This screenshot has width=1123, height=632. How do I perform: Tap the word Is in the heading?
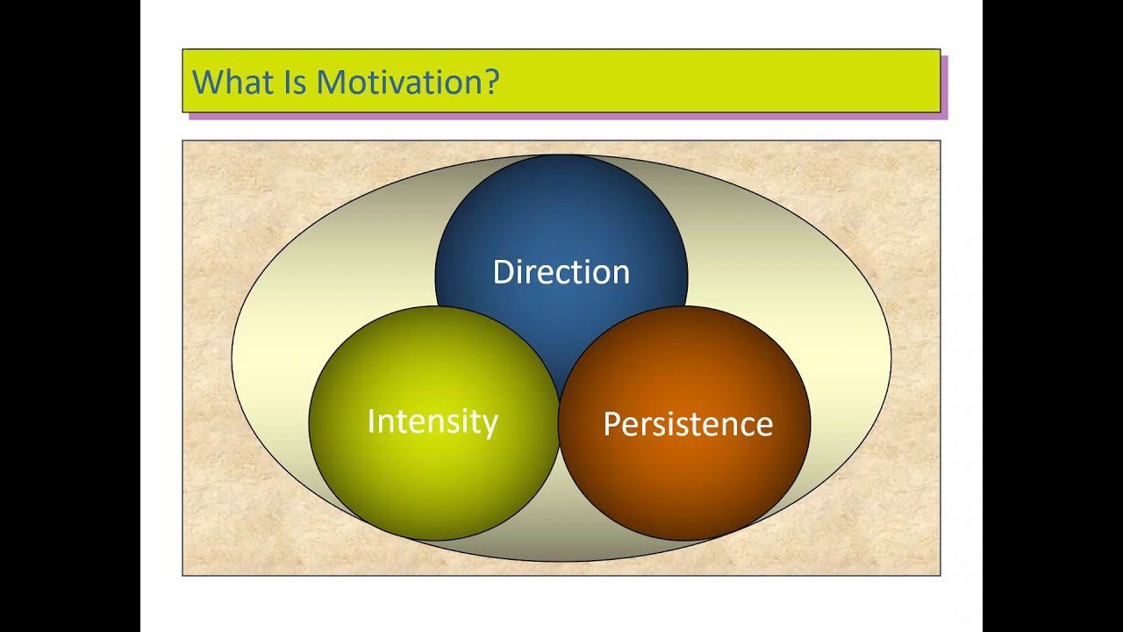click(x=296, y=82)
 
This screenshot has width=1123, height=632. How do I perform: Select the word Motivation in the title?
click(x=399, y=82)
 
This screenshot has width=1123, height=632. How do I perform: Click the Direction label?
click(x=561, y=272)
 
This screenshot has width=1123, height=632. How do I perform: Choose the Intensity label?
click(x=433, y=422)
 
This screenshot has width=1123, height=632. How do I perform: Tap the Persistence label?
click(x=688, y=424)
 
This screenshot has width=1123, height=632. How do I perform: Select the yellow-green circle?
click(x=433, y=423)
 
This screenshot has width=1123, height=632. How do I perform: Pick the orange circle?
click(x=684, y=423)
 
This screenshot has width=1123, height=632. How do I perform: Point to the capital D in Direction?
click(x=504, y=272)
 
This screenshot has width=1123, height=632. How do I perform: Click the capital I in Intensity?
click(x=371, y=420)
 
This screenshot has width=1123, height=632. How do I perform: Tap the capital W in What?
click(x=209, y=82)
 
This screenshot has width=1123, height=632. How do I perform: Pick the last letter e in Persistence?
click(x=763, y=427)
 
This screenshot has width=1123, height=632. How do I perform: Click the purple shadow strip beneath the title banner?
click(x=569, y=117)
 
